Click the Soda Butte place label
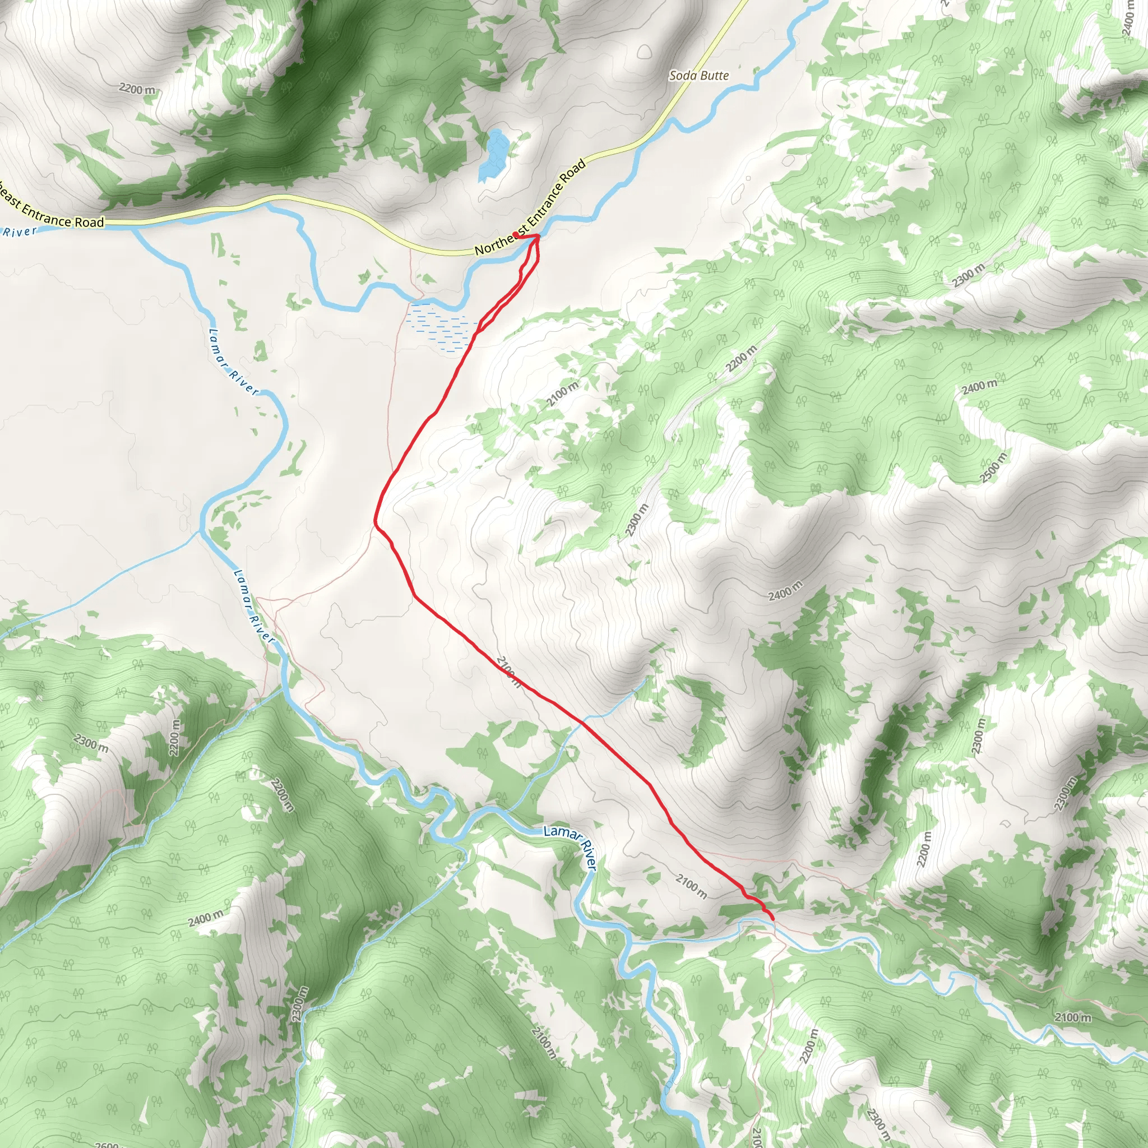click(x=699, y=76)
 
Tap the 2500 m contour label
click(x=994, y=467)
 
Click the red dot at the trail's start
click(x=515, y=235)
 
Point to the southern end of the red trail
click(x=772, y=919)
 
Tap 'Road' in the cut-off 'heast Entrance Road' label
click(x=89, y=222)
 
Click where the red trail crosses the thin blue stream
click(x=581, y=723)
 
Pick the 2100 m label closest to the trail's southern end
click(x=691, y=887)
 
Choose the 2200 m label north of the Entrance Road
click(x=137, y=90)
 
